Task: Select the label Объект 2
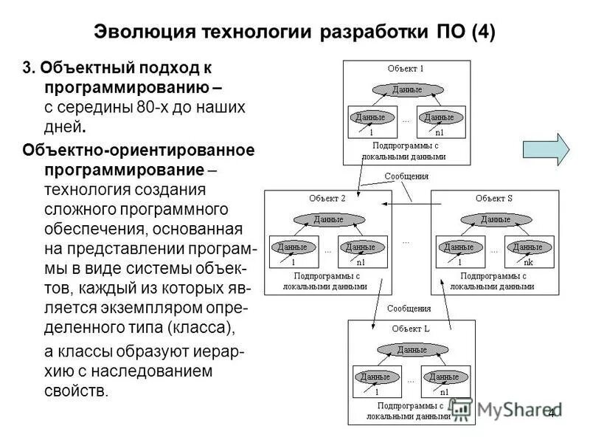click(328, 198)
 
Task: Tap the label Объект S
click(494, 198)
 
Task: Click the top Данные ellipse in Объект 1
click(406, 90)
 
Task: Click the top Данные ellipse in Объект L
click(411, 349)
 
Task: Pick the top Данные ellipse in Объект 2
click(328, 219)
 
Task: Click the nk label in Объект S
click(527, 262)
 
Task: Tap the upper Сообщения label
click(405, 176)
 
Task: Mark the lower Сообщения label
click(409, 309)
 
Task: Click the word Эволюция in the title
click(145, 33)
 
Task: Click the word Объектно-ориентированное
click(139, 151)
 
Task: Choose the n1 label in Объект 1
click(439, 133)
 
